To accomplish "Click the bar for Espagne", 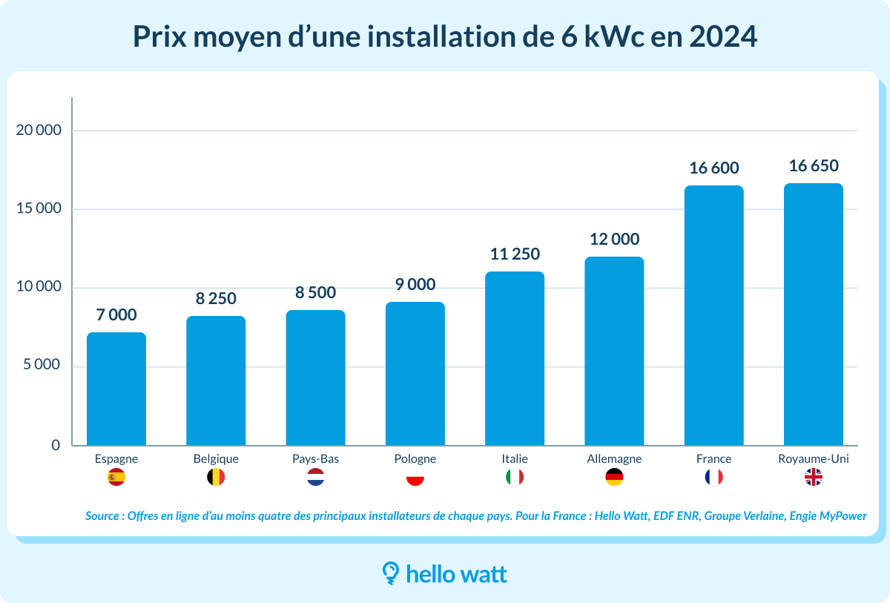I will click(x=116, y=389).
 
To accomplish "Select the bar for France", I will click(x=713, y=315).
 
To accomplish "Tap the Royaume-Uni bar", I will click(x=813, y=314).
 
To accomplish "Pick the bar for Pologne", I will click(x=415, y=374).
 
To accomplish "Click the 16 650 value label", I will click(x=814, y=166).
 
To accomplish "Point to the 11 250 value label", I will click(x=515, y=254).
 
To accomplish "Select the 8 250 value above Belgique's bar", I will click(x=216, y=299).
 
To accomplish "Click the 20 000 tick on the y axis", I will click(x=39, y=131).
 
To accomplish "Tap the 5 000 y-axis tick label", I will click(x=42, y=366).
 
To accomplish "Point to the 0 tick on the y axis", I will click(x=56, y=446).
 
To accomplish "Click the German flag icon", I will click(x=614, y=478).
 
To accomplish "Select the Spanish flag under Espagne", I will click(x=116, y=478).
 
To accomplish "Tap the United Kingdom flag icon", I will click(x=814, y=478).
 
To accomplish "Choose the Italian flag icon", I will click(x=515, y=478).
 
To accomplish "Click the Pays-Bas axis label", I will click(x=315, y=459).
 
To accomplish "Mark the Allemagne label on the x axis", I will click(x=614, y=459).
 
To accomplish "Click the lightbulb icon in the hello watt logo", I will click(x=390, y=573).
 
